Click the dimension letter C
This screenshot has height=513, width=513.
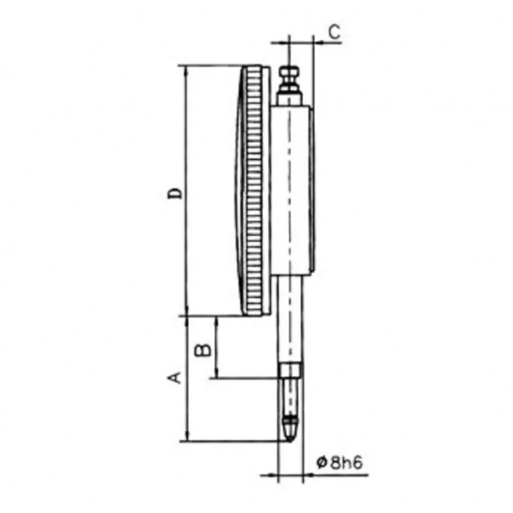coord(334,32)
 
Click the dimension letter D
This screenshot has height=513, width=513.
coord(174,193)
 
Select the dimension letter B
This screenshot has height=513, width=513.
coord(203,350)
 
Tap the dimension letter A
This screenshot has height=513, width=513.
coord(174,377)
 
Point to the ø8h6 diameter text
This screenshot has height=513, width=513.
coord(339,463)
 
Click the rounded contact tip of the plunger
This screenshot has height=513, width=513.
coord(290,432)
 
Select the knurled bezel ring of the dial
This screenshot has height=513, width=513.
coord(254,191)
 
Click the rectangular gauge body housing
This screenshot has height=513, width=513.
coord(292,191)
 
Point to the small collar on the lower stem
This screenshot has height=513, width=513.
coord(290,370)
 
